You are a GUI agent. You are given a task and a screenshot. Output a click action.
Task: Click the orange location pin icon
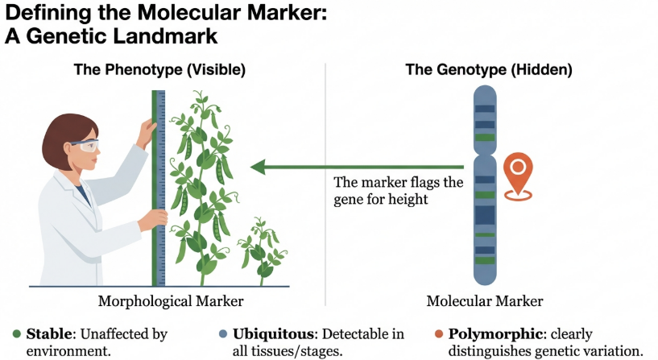pyautogui.click(x=519, y=172)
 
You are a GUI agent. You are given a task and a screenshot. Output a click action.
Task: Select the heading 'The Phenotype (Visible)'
pyautogui.click(x=159, y=70)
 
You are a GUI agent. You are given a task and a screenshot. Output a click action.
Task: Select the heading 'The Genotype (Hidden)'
pyautogui.click(x=488, y=70)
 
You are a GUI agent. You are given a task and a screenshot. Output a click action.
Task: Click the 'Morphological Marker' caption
pyautogui.click(x=170, y=301)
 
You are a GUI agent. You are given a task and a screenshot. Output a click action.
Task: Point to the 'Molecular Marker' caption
pyautogui.click(x=484, y=301)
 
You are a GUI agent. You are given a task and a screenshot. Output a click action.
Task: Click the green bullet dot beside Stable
pyautogui.click(x=17, y=333)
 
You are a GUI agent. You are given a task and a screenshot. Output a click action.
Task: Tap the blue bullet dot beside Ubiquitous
pyautogui.click(x=221, y=333)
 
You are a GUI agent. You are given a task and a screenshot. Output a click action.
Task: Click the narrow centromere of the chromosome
pyautogui.click(x=485, y=151)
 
